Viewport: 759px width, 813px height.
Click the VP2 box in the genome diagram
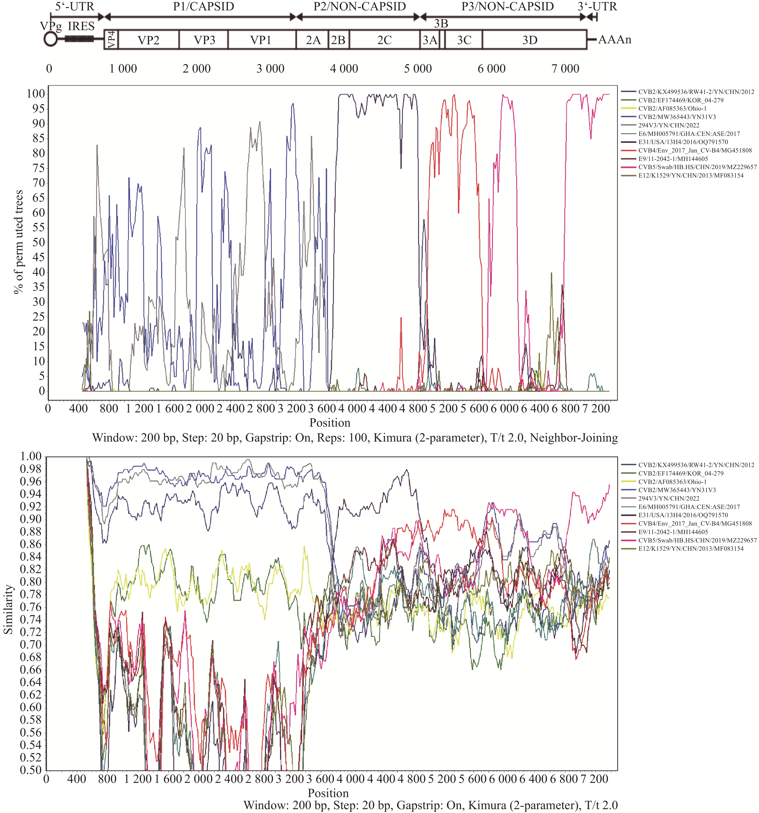pos(148,40)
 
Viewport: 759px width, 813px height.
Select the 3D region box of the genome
pos(530,40)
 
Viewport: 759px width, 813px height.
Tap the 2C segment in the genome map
pos(384,40)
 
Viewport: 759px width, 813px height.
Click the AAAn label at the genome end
pos(615,40)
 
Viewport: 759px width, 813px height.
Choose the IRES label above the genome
pos(81,26)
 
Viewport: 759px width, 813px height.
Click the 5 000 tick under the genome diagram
pos(418,68)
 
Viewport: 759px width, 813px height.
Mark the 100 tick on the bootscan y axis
pos(36,94)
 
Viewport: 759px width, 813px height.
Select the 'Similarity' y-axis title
pos(8,610)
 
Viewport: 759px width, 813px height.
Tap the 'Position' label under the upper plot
pos(330,423)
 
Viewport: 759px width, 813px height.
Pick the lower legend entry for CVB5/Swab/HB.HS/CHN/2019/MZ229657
pos(697,540)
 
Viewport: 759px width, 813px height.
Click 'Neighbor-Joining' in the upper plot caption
pos(574,438)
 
